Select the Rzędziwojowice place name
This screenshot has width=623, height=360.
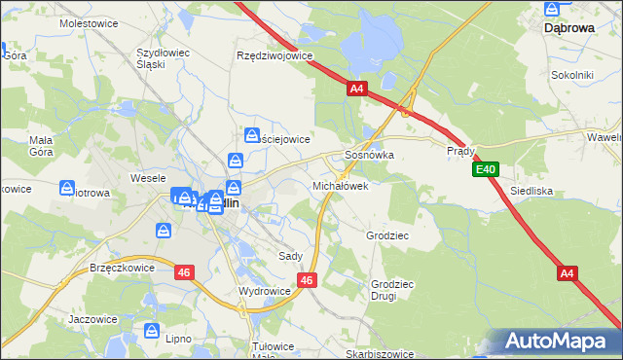coord(275,55)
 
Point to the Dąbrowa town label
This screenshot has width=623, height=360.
coord(568,28)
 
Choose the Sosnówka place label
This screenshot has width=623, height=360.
coord(369,155)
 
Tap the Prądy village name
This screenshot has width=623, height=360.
coord(460,151)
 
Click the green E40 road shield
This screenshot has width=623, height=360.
coord(487,170)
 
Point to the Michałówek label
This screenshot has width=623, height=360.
coord(340,185)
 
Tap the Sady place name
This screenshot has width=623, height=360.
coord(290,256)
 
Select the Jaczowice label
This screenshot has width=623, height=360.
coord(93,318)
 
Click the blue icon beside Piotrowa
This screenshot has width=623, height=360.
coord(68,188)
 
